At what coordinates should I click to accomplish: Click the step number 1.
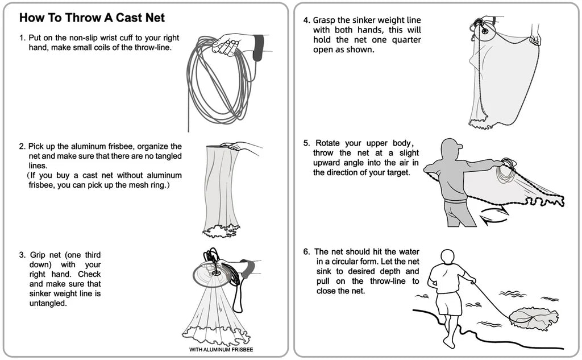pos(22,38)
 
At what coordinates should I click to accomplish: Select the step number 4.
pos(306,20)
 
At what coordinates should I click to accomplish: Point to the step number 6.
pos(306,251)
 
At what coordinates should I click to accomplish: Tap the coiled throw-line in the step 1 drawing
pos(219,85)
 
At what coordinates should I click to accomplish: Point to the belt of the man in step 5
pos(454,200)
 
